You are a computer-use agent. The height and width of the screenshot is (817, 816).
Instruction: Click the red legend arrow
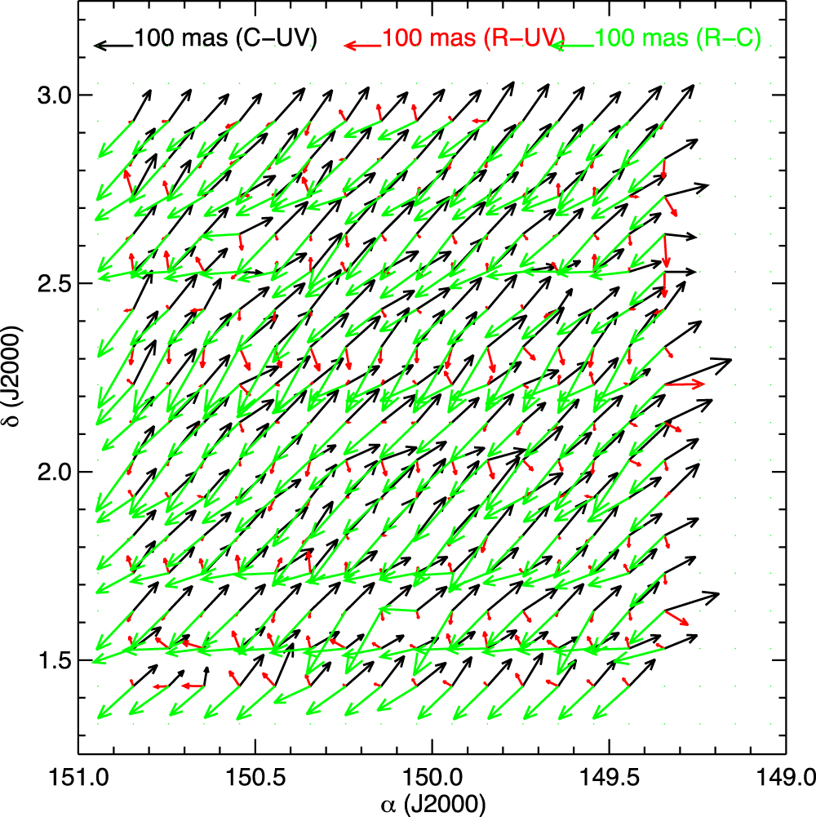coord(361,46)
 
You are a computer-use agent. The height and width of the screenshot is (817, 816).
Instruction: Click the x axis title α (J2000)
coord(432,803)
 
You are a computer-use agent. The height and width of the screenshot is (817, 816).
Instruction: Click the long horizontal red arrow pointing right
coord(685,383)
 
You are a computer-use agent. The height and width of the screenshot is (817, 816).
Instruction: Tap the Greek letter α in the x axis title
coord(388,805)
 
